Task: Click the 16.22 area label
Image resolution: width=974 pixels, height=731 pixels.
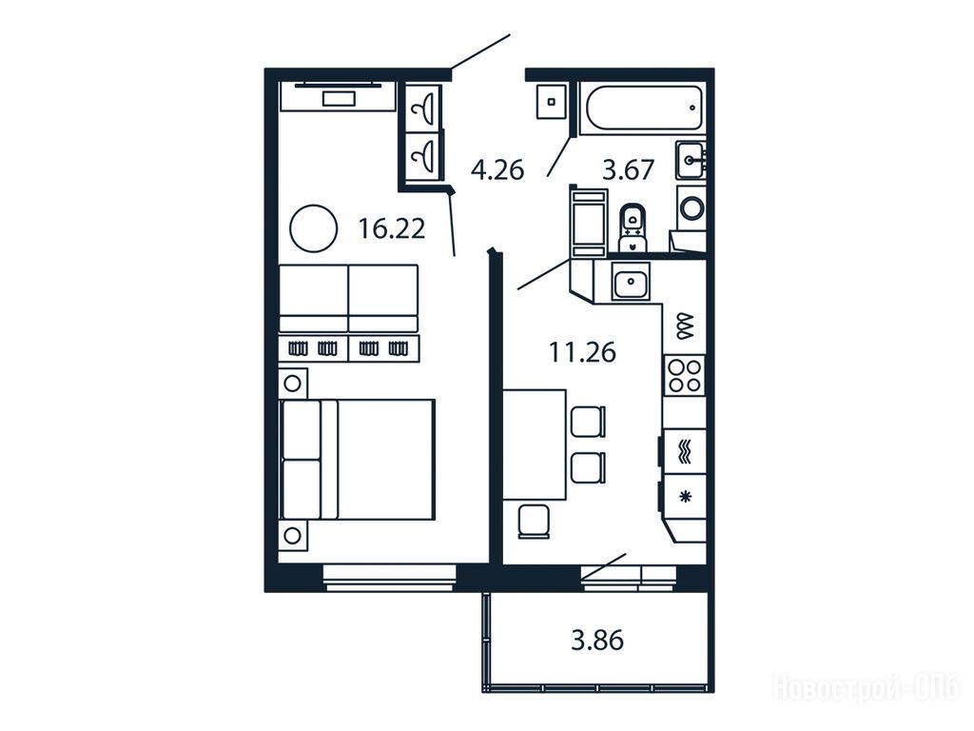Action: [391, 228]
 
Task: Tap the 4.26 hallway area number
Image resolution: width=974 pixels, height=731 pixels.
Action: [497, 169]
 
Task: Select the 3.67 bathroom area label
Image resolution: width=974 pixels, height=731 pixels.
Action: [628, 169]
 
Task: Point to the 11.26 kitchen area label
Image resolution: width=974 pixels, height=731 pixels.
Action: [582, 352]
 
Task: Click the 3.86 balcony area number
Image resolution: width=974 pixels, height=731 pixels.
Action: [597, 641]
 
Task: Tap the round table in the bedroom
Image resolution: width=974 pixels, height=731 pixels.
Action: [314, 228]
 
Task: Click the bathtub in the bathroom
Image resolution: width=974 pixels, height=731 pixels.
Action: [642, 109]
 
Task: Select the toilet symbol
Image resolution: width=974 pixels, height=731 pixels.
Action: [633, 227]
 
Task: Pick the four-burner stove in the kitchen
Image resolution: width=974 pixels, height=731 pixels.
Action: [685, 375]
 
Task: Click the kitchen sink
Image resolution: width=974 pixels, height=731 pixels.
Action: [632, 281]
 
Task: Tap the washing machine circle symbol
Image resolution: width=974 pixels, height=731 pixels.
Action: [692, 207]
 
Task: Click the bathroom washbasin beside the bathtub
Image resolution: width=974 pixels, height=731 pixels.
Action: [691, 160]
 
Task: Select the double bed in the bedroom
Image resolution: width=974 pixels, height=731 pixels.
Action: [358, 460]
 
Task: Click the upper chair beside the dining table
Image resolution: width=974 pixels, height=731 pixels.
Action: [587, 422]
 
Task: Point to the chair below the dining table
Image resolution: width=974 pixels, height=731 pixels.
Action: [535, 522]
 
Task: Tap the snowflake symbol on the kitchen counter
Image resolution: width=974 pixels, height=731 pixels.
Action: [686, 496]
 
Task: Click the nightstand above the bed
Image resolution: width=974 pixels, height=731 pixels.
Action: [293, 383]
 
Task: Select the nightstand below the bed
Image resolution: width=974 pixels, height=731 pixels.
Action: [293, 535]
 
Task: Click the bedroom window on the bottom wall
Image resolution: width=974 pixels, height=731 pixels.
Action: [389, 578]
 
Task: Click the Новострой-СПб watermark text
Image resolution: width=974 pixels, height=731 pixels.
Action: [866, 688]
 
